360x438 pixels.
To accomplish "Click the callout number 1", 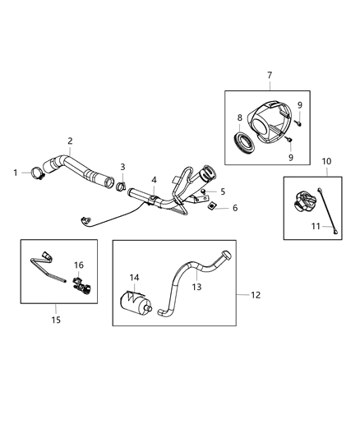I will click(x=15, y=172).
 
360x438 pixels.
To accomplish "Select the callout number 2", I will click(x=70, y=141).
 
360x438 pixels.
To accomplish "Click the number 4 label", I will click(x=153, y=178).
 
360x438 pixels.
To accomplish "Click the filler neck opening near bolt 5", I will click(x=207, y=173).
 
